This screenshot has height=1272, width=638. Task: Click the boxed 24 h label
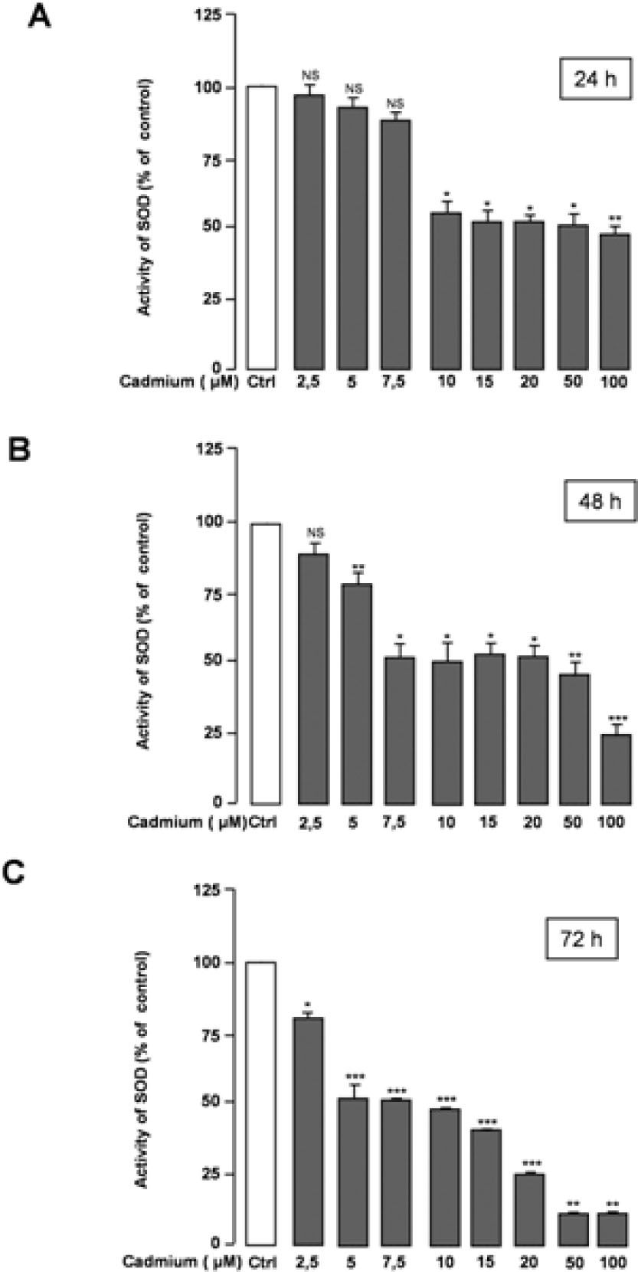pyautogui.click(x=594, y=79)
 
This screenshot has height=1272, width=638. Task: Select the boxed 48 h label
pyautogui.click(x=600, y=503)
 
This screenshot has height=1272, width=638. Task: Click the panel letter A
pyautogui.click(x=40, y=17)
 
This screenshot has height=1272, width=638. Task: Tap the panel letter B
pyautogui.click(x=18, y=449)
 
